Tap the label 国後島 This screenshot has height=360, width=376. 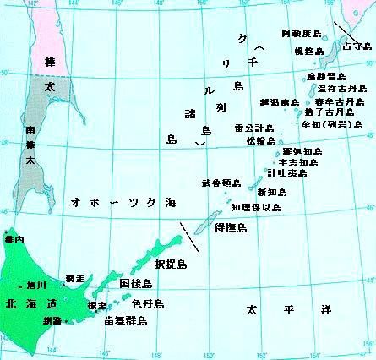pyautogui.click(x=136, y=282)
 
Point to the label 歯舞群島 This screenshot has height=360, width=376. pyautogui.click(x=126, y=321)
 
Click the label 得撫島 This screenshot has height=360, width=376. pyautogui.click(x=230, y=227)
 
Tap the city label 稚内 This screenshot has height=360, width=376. pyautogui.click(x=14, y=240)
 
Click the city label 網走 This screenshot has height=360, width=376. pyautogui.click(x=74, y=278)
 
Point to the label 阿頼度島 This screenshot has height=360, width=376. pyautogui.click(x=302, y=34)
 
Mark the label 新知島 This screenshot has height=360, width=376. pyautogui.click(x=278, y=192)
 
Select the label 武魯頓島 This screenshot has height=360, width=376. pyautogui.click(x=221, y=183)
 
